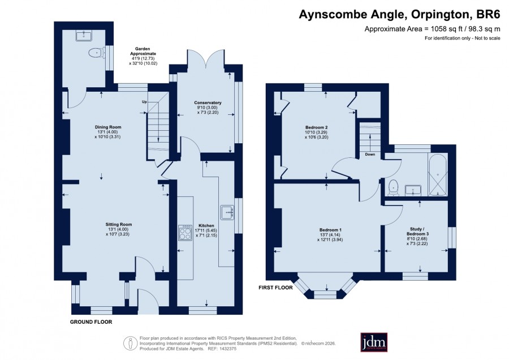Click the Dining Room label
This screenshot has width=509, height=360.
coord(108,127)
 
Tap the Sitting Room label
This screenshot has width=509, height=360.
coord(119,224)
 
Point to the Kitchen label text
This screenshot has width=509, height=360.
coord(206,225)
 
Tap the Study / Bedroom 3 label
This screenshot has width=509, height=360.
coord(417,232)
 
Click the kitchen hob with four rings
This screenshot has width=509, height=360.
coord(185,232)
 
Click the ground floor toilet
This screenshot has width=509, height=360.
coord(96,53)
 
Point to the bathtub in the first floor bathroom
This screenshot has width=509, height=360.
coord(438,175)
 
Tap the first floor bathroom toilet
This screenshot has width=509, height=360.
coord(394,188)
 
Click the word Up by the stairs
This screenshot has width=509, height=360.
coord(144,102)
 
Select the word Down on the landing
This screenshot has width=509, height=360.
coord(370,155)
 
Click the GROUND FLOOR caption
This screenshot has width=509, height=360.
coord(91,322)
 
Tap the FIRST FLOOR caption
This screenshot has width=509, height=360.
coord(275,288)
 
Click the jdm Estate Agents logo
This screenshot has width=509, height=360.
coord(374,342)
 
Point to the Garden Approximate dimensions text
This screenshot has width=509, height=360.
coord(143,56)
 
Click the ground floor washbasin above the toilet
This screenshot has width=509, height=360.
coord(85,35)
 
